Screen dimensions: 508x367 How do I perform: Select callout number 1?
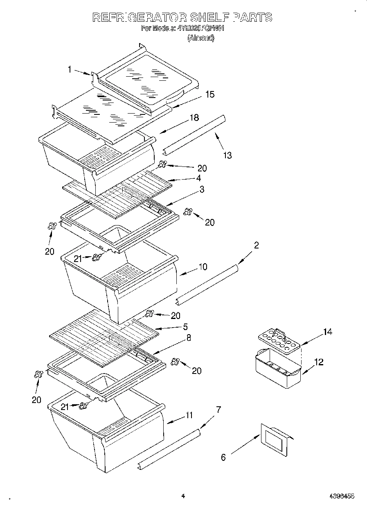[x=70, y=70]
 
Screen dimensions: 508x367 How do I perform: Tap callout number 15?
[x=209, y=94]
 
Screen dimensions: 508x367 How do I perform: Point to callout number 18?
[x=194, y=118]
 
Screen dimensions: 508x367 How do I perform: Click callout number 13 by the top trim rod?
[x=227, y=155]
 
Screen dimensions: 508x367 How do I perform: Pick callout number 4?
[x=198, y=178]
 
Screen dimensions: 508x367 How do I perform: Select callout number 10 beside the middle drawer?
[x=203, y=267]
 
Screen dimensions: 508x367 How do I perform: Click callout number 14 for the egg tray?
[x=327, y=332]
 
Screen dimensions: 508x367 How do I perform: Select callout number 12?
[x=319, y=362]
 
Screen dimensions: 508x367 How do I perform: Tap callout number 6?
[x=223, y=458]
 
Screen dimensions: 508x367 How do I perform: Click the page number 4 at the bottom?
[x=183, y=496]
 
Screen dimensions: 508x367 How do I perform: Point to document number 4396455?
[x=342, y=496]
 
